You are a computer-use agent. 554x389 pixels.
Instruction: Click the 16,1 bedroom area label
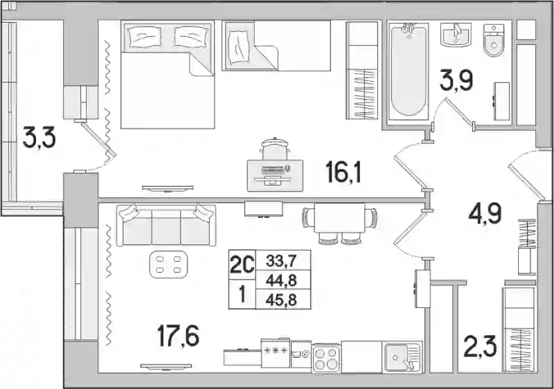tap(343, 172)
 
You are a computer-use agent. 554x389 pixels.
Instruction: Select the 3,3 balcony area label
tap(39, 137)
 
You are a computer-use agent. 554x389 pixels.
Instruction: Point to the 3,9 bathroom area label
tap(456, 80)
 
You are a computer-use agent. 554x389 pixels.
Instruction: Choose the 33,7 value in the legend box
tap(281, 262)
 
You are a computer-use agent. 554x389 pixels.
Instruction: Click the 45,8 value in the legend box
tap(281, 300)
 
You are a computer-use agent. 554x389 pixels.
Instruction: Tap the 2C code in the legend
tap(242, 264)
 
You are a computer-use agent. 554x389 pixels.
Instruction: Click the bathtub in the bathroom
tap(408, 70)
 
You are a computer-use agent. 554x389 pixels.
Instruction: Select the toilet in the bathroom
tap(494, 40)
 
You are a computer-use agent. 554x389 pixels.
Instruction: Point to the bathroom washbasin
tap(456, 34)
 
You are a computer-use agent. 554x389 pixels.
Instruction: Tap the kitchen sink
tap(403, 357)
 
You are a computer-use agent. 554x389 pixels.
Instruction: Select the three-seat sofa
tap(166, 225)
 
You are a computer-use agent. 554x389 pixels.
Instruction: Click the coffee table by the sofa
tap(169, 264)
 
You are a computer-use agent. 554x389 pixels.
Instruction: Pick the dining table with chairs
tap(339, 223)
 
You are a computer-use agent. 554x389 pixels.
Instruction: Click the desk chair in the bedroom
tap(274, 149)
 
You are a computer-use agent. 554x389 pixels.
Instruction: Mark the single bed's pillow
tap(238, 48)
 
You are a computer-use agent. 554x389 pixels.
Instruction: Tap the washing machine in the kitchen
tap(301, 354)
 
